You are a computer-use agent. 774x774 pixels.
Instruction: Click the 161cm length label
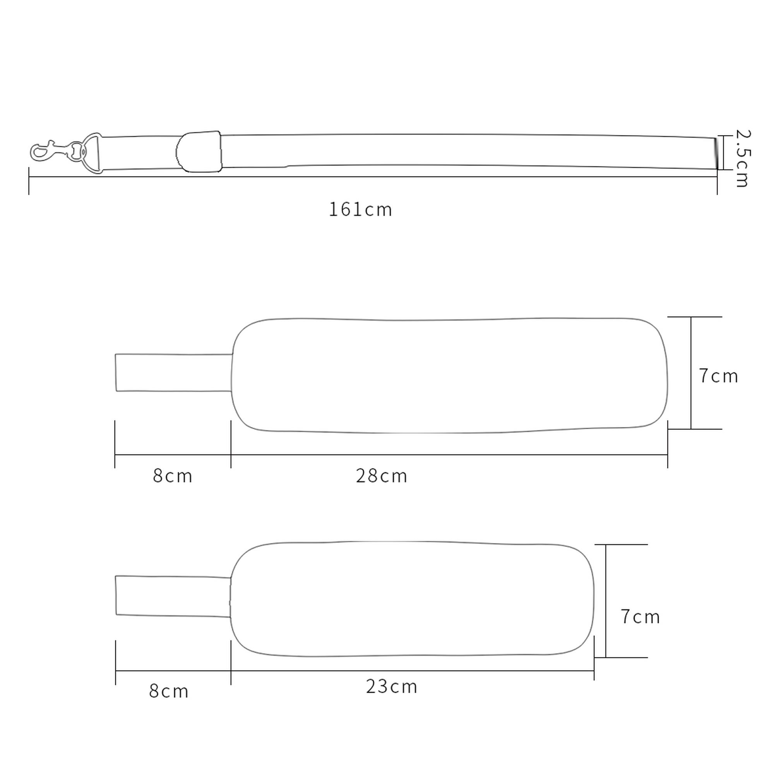(360, 209)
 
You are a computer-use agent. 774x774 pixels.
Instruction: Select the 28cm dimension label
(382, 476)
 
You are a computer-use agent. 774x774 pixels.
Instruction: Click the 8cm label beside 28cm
(173, 476)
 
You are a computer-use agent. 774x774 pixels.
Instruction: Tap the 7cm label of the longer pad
(718, 376)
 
